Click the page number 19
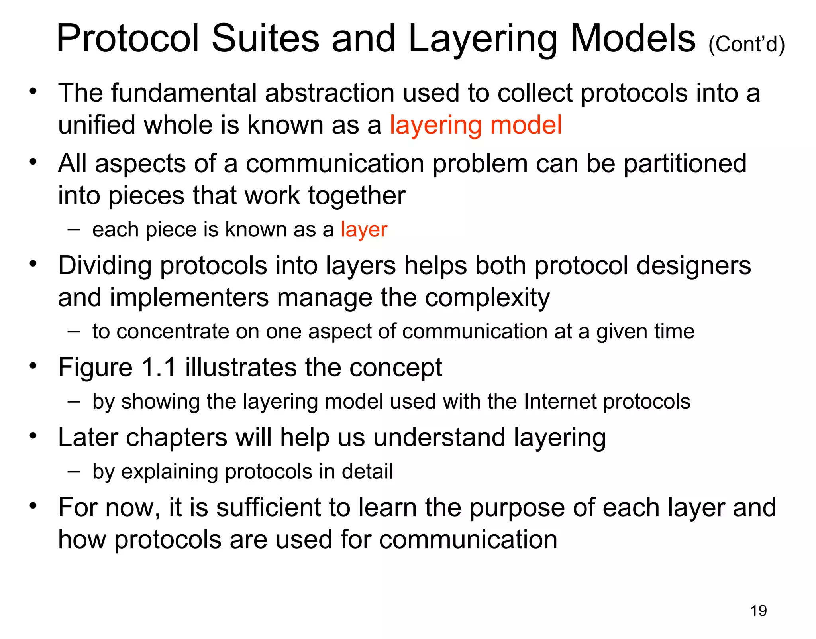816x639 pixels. (x=758, y=611)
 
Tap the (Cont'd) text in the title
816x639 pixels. (x=746, y=44)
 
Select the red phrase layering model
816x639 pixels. (x=475, y=125)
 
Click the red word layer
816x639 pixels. (x=364, y=230)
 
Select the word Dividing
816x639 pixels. (x=104, y=265)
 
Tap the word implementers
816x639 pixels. (x=189, y=298)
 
